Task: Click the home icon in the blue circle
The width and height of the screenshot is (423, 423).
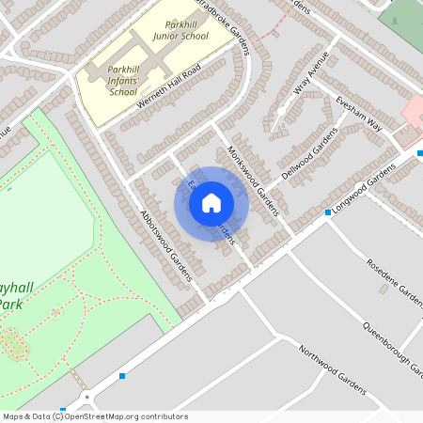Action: tap(211, 202)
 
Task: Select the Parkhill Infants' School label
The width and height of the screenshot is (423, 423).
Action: tap(123, 81)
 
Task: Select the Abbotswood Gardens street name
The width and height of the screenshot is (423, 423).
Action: tap(165, 245)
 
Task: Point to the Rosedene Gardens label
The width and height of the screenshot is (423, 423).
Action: tap(396, 282)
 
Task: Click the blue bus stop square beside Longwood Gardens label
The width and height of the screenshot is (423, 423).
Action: tap(327, 212)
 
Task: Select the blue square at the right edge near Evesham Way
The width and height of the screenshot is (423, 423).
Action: tap(419, 152)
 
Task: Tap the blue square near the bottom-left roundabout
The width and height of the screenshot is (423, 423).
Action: tap(122, 376)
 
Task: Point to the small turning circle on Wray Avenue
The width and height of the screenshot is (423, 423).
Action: tap(281, 112)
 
